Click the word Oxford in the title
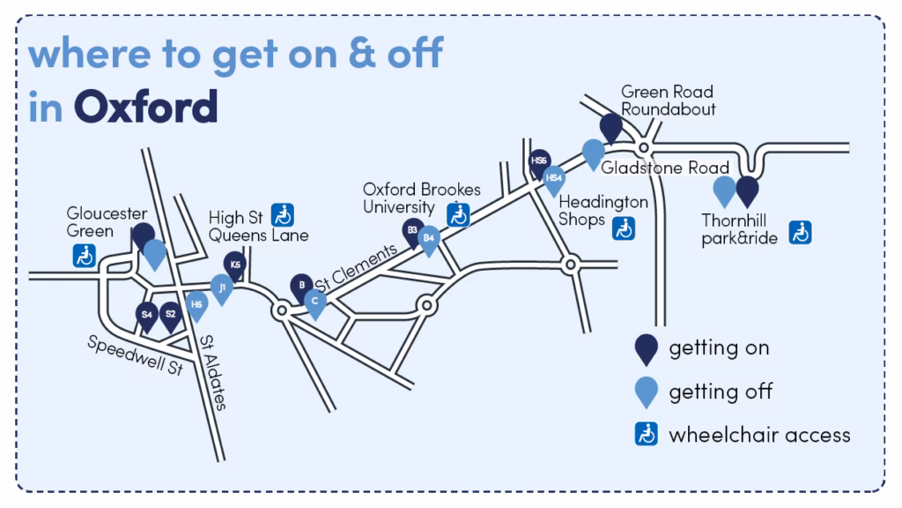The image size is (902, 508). pos(145,106)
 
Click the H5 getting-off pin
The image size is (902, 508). pos(196,306)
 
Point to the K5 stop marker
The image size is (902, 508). pos(234,265)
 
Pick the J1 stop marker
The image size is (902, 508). pos(222,288)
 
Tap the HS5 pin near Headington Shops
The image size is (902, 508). pos(539,162)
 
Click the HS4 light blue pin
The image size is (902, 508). pos(554,179)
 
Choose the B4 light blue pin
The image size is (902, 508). pos(429,238)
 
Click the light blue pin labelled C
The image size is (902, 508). pos(315,302)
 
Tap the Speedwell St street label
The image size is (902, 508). pos(135,355)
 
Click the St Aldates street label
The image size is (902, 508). pos(213,372)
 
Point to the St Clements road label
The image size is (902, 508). pos(356,268)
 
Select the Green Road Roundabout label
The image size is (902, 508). pos(668,101)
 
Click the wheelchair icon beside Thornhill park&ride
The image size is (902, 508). pos(800,232)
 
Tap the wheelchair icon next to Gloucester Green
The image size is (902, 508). pos(85,256)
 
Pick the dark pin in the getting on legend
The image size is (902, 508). pos(647,348)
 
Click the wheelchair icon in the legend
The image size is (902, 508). pos(647,435)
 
